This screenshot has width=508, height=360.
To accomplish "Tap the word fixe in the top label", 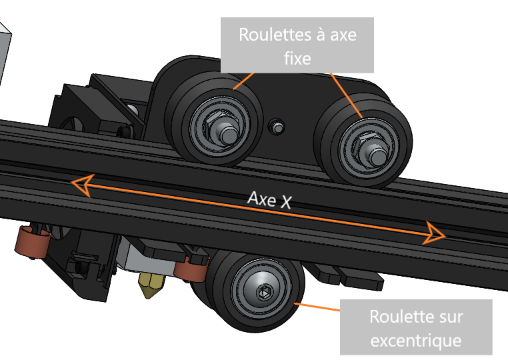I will pos(297,58).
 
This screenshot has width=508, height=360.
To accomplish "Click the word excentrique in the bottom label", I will pos(416,341).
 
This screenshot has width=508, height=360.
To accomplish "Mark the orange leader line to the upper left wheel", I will pos(244,81).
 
